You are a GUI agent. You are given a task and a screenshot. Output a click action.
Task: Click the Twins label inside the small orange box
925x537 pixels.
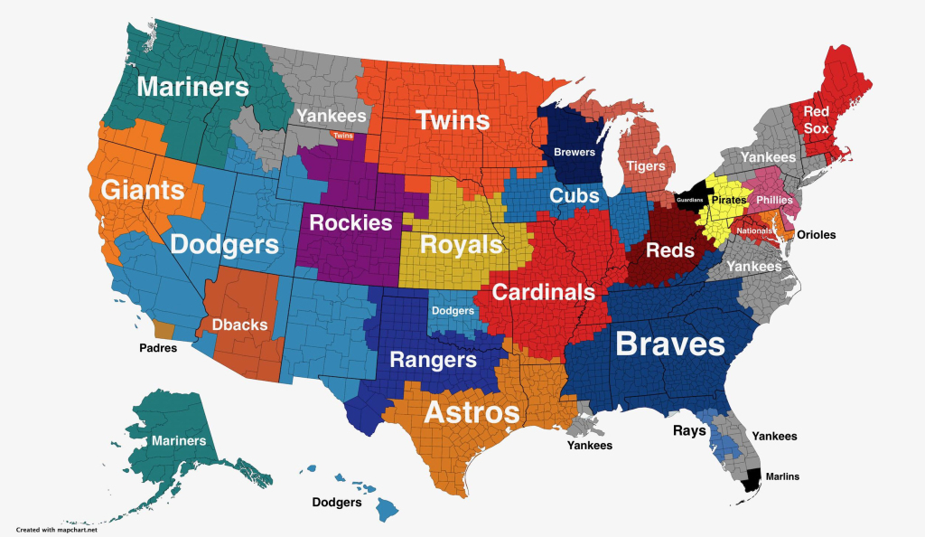[x=342, y=136]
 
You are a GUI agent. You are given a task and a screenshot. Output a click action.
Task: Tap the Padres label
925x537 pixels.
[x=158, y=346]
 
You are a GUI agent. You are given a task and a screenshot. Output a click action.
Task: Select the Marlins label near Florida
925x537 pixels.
[x=781, y=476]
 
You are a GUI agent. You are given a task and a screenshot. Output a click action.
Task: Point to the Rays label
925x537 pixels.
[x=689, y=430]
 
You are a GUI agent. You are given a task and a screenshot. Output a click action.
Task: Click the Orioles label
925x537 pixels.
[x=816, y=234]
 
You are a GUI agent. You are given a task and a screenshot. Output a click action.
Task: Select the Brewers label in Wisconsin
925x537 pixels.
[x=575, y=153]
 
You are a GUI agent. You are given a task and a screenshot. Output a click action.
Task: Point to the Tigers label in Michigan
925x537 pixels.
[x=646, y=165]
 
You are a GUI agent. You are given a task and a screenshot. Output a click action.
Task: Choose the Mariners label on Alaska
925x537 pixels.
[x=179, y=441]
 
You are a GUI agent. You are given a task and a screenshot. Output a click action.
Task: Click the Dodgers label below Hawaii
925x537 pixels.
[x=337, y=503]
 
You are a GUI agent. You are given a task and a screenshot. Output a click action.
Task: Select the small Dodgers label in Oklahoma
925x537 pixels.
[x=453, y=311]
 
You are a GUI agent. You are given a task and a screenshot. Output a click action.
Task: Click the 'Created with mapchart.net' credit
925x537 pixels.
[x=55, y=530]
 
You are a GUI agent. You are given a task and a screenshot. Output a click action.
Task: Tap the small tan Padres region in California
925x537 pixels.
[x=164, y=330]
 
